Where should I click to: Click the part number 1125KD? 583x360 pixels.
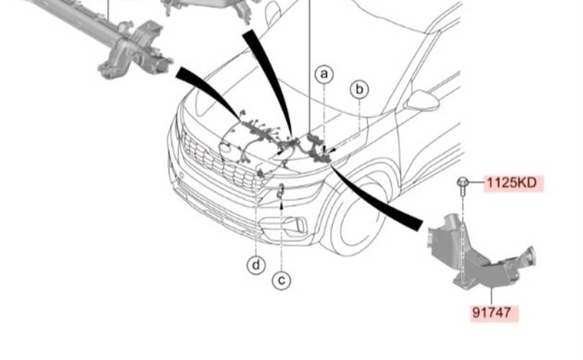pyautogui.click(x=512, y=183)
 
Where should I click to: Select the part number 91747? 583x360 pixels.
pyautogui.click(x=492, y=312)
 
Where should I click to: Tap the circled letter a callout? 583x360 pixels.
pyautogui.click(x=324, y=74)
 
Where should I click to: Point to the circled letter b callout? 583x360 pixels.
pyautogui.click(x=359, y=89)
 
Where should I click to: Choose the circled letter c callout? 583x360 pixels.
pyautogui.click(x=281, y=280)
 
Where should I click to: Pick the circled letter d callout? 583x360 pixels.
pyautogui.click(x=256, y=266)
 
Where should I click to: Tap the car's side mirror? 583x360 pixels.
pyautogui.click(x=422, y=100)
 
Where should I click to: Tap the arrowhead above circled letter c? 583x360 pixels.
pyautogui.click(x=281, y=203)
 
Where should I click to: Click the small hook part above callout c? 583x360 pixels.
pyautogui.click(x=281, y=190)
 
